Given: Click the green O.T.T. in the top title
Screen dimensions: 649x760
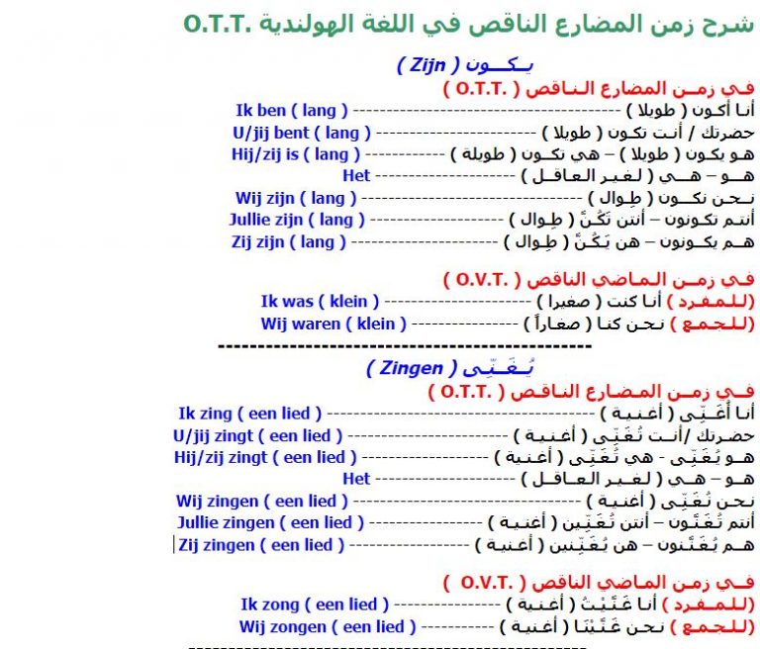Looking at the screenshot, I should click(x=226, y=23).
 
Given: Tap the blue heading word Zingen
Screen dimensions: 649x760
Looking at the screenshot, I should click(x=409, y=369).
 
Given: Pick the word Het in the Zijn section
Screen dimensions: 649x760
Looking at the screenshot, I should click(x=356, y=176).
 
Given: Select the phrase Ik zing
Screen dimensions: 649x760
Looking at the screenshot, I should click(x=205, y=414).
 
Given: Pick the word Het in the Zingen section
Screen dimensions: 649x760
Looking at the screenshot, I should click(x=356, y=479).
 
